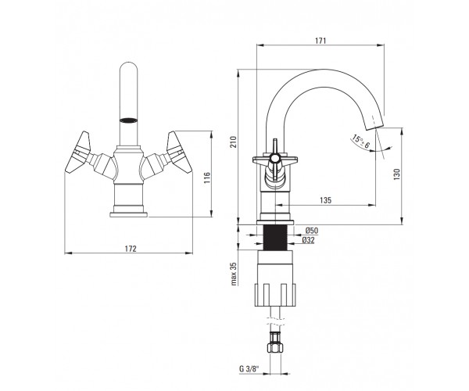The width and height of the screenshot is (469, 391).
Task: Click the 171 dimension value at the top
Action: [320, 41]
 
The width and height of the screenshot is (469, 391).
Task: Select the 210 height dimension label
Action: [233, 142]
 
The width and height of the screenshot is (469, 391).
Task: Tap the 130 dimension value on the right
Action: [396, 174]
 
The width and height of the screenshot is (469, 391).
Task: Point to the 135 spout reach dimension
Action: [325, 200]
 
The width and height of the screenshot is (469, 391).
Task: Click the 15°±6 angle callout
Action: [361, 142]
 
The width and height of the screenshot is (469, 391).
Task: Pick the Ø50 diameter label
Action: [312, 231]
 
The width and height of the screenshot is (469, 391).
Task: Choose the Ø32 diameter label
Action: [309, 240]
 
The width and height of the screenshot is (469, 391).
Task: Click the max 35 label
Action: [234, 274]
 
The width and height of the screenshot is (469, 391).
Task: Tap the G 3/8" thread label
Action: [249, 368]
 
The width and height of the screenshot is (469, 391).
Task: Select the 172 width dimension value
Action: [131, 249]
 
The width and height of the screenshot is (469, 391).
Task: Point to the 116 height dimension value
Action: [207, 178]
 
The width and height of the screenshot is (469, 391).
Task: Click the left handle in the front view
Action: [77, 152]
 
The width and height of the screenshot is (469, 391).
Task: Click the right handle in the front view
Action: [179, 152]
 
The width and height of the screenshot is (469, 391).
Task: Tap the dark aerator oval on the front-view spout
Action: [128, 120]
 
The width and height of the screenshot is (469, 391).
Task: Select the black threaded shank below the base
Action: [276, 237]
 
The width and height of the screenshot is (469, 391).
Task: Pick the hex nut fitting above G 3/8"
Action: [276, 343]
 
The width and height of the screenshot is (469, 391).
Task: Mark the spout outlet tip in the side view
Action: [375, 127]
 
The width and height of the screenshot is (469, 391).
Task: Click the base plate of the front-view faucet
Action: [129, 214]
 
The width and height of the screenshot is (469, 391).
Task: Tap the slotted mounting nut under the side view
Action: [275, 295]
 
